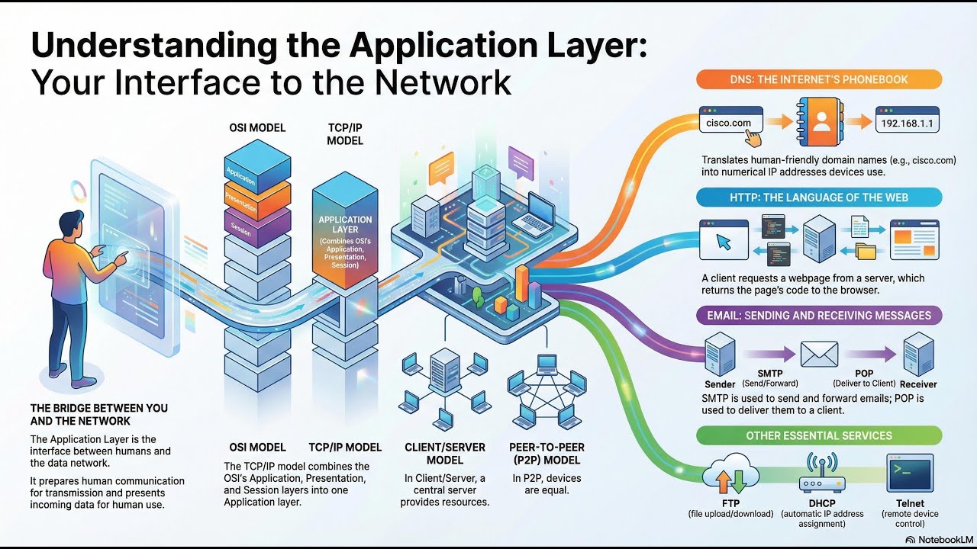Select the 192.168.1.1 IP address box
click(907, 122)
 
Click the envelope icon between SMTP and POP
click(819, 354)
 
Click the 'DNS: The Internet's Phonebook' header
click(818, 79)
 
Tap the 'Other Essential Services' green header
click(818, 435)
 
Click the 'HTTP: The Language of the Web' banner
click(818, 197)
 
